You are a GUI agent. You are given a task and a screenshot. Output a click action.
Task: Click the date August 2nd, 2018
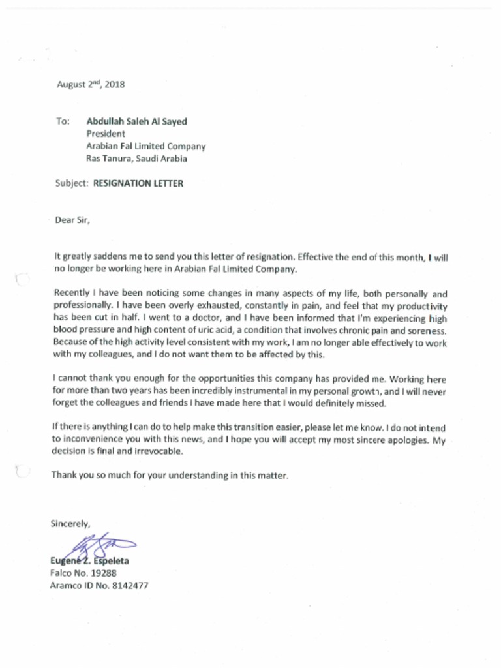90,84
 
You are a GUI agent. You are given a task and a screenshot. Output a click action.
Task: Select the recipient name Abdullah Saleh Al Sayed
136,121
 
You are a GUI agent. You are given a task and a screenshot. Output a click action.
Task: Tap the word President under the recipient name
106,134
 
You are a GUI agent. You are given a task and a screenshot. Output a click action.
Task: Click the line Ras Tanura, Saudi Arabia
136,159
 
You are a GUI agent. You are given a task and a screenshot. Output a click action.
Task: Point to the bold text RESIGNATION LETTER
138,183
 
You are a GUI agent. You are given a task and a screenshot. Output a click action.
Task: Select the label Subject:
72,183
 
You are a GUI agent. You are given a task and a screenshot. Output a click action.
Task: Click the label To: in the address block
63,121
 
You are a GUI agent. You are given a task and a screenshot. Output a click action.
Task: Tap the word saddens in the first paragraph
104,257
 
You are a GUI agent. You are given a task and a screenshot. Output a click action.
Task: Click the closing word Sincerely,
70,523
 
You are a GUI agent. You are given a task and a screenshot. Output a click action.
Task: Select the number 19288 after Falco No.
103,573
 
